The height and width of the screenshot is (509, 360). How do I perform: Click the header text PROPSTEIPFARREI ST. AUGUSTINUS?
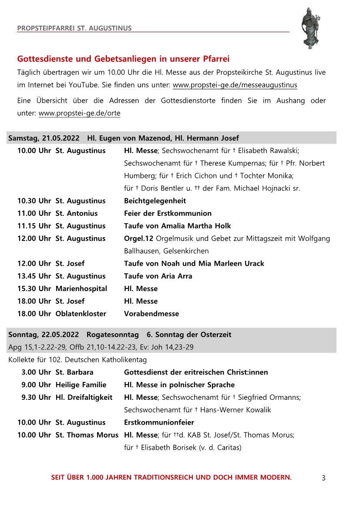pyautogui.click(x=74, y=29)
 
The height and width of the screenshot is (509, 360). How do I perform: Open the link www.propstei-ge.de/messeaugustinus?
pyautogui.click(x=235, y=85)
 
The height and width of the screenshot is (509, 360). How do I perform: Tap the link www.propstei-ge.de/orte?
pyautogui.click(x=79, y=113)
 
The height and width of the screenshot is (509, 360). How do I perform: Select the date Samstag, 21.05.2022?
pyautogui.click(x=44, y=138)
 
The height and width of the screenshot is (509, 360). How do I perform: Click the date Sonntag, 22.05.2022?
pyautogui.click(x=44, y=335)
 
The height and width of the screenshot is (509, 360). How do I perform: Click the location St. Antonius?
pyautogui.click(x=77, y=213)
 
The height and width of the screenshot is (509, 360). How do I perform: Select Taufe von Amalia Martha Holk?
pyautogui.click(x=177, y=226)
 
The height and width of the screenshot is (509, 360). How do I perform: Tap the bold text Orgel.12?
pyautogui.click(x=138, y=238)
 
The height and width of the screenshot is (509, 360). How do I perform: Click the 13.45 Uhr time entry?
pyautogui.click(x=34, y=276)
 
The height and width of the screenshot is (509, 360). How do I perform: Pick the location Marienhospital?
pyautogui.click(x=81, y=288)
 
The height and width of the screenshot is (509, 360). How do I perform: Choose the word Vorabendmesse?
pyautogui.click(x=151, y=314)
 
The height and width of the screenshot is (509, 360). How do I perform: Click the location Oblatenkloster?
pyautogui.click(x=81, y=314)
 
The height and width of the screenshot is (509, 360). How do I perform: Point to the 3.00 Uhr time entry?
pyautogui.click(x=36, y=372)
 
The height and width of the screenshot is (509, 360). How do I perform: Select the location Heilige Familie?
pyautogui.click(x=81, y=385)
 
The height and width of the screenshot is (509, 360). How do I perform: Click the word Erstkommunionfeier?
pyautogui.click(x=159, y=422)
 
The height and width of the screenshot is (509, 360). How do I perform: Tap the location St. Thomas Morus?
pyautogui.click(x=87, y=435)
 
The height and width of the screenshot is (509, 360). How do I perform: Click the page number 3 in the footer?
pyautogui.click(x=323, y=478)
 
